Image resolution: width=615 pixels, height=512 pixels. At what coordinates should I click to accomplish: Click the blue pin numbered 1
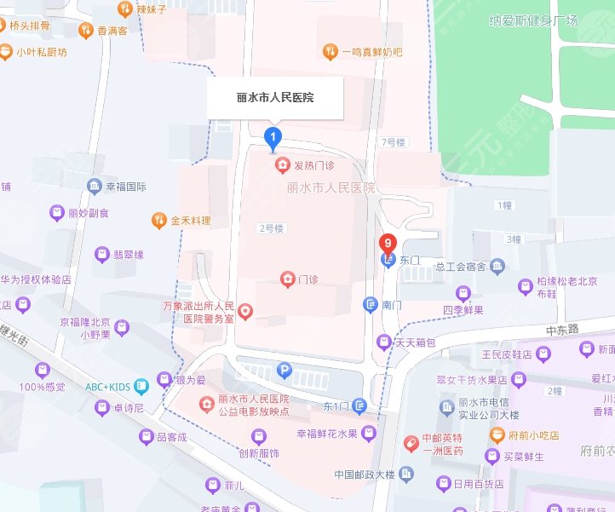point(273,136)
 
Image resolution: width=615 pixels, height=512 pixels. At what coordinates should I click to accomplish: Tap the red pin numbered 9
point(388,244)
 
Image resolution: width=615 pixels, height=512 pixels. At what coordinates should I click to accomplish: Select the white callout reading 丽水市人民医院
point(275,98)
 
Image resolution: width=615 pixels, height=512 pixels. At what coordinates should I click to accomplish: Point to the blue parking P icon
point(285,370)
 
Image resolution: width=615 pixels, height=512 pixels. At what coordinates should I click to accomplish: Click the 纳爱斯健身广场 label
point(533,20)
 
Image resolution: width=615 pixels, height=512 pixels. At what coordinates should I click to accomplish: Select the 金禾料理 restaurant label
point(190,221)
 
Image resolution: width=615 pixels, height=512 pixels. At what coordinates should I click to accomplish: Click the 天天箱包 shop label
point(419,342)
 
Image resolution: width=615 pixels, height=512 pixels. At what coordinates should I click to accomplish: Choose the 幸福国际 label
point(126,186)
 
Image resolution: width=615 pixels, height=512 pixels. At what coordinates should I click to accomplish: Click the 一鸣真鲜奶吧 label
point(371,52)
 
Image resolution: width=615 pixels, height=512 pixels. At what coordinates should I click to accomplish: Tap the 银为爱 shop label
point(191,382)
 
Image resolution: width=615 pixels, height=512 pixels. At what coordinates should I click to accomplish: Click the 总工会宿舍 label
point(459,267)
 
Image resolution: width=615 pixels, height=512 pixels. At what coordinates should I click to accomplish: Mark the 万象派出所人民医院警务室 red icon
point(245,312)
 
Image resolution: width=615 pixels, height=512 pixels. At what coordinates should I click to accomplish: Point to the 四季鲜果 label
point(463,310)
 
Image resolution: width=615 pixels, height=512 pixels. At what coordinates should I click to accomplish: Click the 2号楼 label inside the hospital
point(271,228)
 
